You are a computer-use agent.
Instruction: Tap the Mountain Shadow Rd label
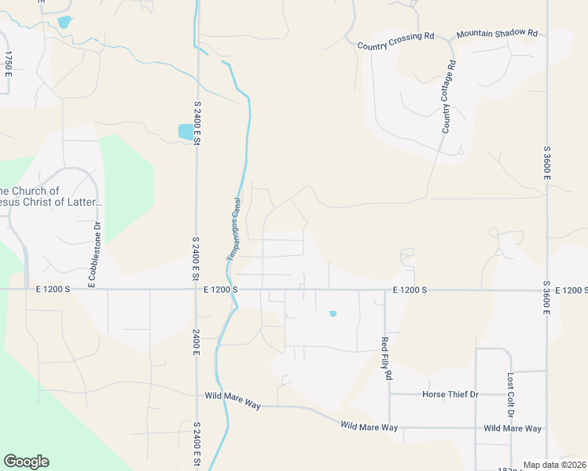pos(497,34)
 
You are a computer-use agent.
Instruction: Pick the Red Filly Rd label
pos(386,358)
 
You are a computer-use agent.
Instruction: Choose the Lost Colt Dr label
pos(510,395)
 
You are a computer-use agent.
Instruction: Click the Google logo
pos(26,462)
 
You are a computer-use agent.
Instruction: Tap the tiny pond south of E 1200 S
pos(333,314)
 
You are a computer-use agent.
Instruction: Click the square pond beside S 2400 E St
pos(186,132)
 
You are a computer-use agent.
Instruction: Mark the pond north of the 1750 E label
pos(64,22)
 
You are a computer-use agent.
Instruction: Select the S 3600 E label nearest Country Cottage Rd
pos(546,162)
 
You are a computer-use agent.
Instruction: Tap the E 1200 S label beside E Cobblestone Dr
pos(53,290)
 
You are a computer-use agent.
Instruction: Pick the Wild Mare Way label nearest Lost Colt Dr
pos(513,429)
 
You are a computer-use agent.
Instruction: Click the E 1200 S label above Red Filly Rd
pos(409,290)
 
